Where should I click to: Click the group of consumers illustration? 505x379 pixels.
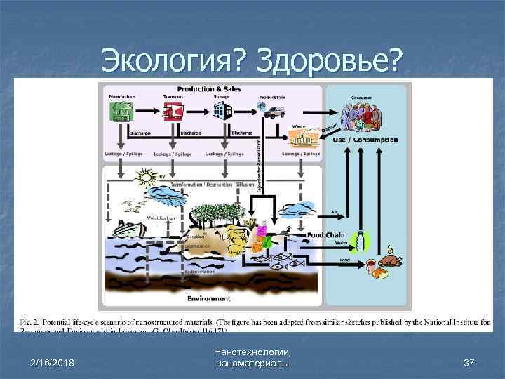tap(363, 114)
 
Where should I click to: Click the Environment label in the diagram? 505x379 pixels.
tap(208, 299)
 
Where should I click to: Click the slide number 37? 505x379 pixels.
tap(469, 362)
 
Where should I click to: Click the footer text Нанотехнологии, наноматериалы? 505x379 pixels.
tap(253, 356)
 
